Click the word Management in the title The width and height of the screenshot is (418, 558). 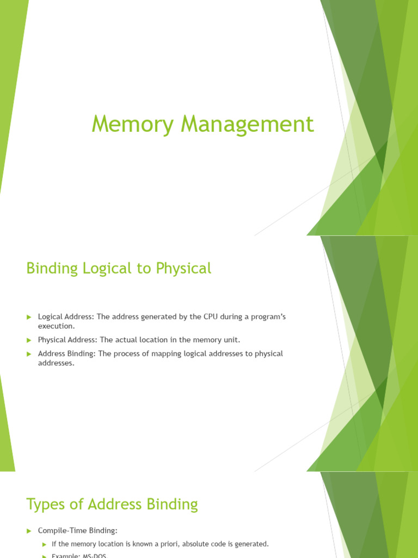248,124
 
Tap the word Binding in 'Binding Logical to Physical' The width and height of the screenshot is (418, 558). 51,269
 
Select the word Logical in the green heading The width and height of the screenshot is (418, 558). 106,269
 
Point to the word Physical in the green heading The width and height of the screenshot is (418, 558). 183,269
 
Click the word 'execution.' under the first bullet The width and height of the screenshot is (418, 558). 56,326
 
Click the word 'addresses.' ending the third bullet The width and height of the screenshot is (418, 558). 56,363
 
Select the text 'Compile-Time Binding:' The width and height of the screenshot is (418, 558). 78,530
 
